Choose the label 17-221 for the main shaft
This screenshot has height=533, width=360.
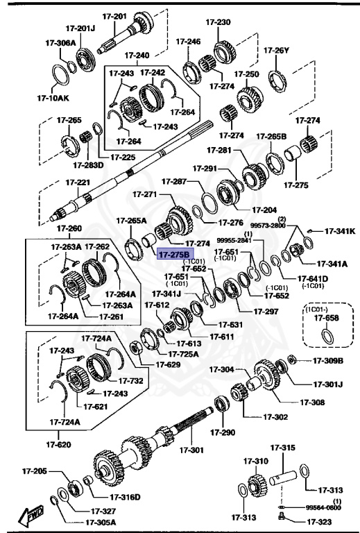pyautogui.click(x=78, y=183)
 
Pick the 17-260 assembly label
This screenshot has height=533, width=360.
pyautogui.click(x=69, y=228)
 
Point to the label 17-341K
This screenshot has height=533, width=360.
pyautogui.click(x=340, y=230)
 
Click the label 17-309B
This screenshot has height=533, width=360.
pyautogui.click(x=327, y=360)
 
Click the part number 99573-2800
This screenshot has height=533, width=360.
pyautogui.click(x=268, y=226)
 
